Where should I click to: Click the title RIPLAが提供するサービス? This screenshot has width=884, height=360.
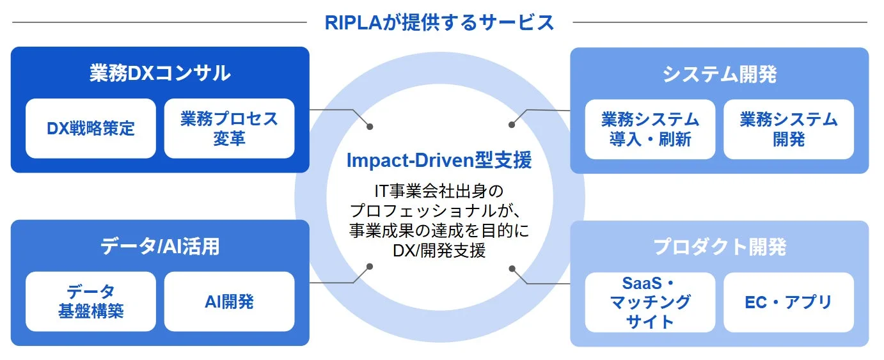tap(439, 22)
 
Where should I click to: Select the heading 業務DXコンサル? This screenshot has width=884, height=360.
tap(160, 73)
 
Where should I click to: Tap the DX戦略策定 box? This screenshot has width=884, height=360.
tap(91, 128)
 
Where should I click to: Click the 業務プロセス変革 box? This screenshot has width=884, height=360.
tap(229, 128)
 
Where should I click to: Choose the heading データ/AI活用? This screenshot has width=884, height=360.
tap(160, 247)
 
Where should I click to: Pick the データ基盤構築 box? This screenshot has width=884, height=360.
tap(91, 301)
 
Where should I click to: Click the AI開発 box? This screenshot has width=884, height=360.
tap(229, 301)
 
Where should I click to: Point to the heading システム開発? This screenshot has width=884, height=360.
tap(719, 74)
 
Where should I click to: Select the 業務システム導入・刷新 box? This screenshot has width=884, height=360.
tap(650, 129)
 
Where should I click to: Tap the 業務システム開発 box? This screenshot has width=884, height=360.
tap(788, 129)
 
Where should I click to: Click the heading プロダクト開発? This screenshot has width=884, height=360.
tap(719, 247)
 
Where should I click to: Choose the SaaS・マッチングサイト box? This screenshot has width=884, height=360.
tap(650, 302)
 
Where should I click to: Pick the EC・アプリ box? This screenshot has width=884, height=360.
tap(788, 302)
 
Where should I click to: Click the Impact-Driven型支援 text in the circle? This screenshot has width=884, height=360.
tap(439, 160)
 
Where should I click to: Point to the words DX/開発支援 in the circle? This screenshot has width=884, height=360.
tap(439, 250)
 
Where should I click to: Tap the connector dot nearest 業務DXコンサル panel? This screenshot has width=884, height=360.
tap(369, 125)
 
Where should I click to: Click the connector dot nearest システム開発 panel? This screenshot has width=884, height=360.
tap(511, 125)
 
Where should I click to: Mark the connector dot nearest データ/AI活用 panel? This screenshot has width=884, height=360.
tap(368, 267)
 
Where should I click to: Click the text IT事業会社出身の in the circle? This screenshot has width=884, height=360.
tap(439, 191)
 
